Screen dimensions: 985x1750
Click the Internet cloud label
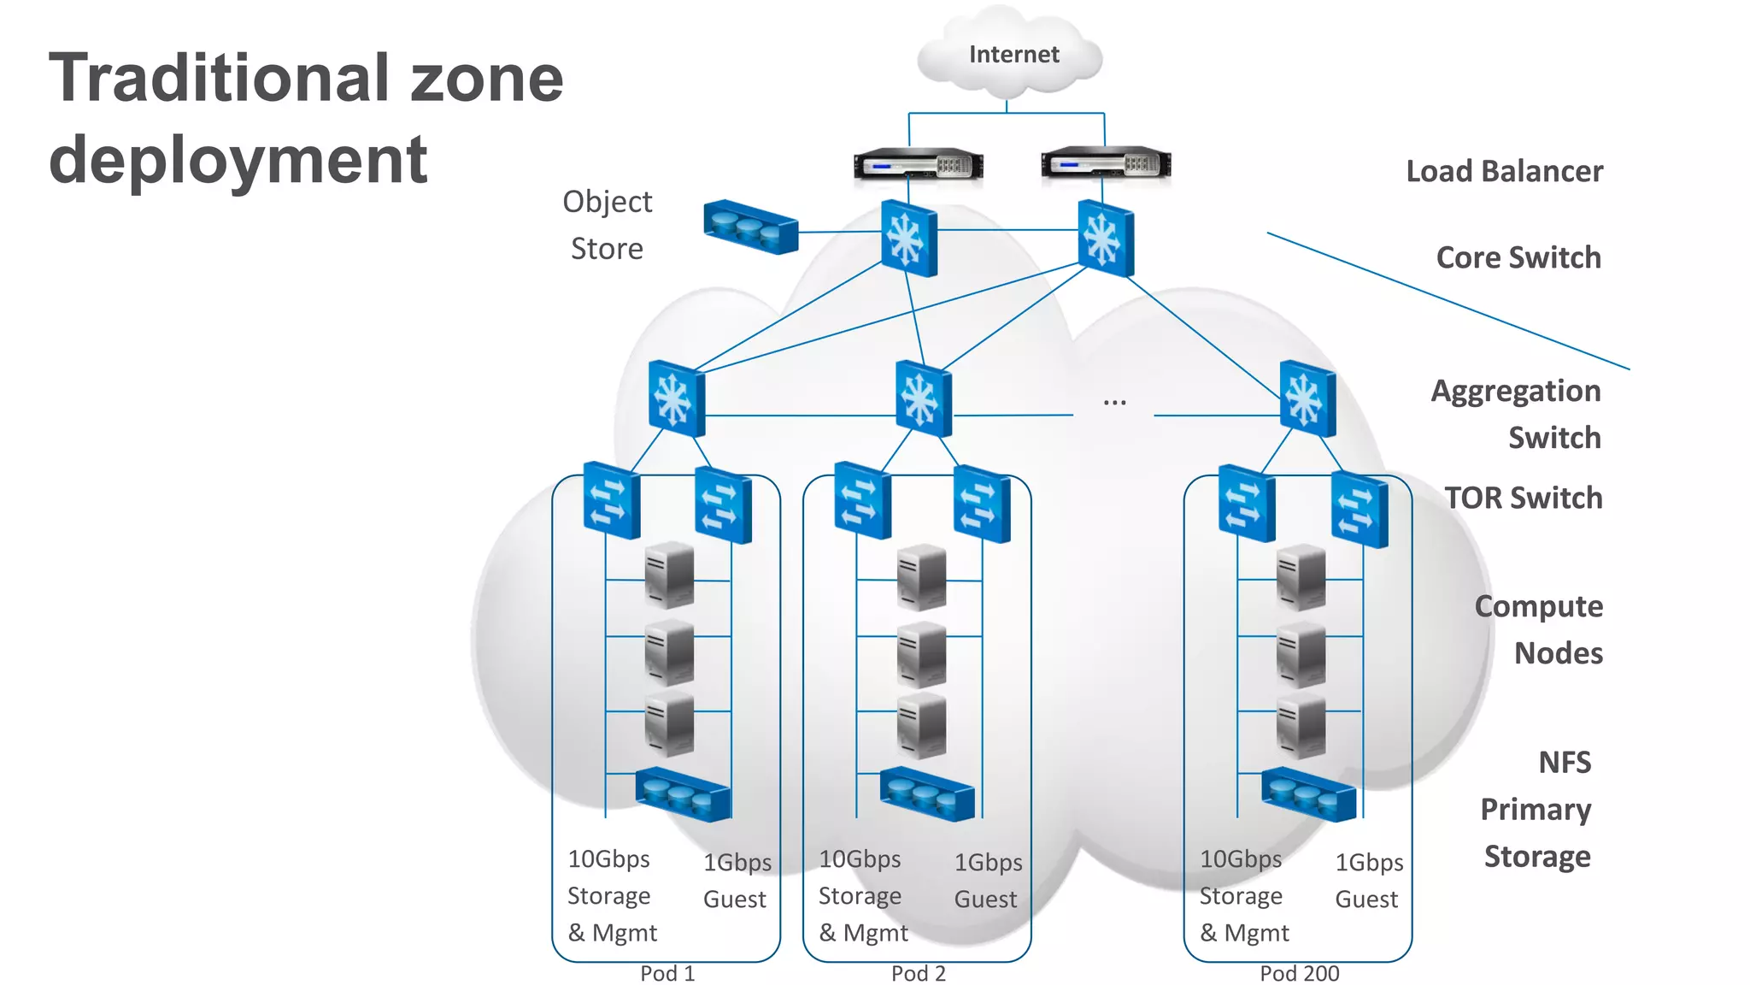point(1013,55)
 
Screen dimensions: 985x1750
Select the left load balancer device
point(918,163)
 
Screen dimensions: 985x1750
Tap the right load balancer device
point(1106,163)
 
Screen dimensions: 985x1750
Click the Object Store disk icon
point(750,227)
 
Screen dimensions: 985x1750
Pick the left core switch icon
point(908,238)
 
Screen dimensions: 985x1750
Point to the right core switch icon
point(1105,239)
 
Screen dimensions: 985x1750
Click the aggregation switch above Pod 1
point(676,399)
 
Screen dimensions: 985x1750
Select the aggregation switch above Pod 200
point(1307,399)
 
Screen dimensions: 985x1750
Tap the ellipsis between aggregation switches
point(1114,401)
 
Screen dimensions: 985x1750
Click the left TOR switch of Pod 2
point(862,500)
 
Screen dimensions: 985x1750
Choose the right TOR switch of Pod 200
point(1359,510)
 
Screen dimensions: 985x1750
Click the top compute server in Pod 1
point(669,575)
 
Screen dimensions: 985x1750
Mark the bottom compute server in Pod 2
point(921,725)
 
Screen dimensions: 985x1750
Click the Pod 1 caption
point(667,973)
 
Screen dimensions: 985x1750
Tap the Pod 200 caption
point(1299,973)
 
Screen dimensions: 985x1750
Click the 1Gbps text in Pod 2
point(988,863)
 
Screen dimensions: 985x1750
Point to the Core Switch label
point(1518,257)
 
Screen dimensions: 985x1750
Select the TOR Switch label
point(1524,498)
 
